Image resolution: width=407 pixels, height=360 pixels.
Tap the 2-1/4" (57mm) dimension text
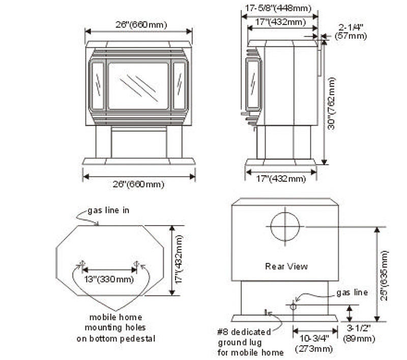point(351,32)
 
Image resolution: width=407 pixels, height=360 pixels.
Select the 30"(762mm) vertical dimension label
point(331,103)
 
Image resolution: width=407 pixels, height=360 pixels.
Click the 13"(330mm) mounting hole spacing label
point(108,279)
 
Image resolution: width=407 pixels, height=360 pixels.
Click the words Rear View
point(286,266)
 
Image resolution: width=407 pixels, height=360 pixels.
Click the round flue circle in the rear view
point(285,226)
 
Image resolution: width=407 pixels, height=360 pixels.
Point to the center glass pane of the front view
point(138,86)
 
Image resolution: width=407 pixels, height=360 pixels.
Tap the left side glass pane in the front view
point(98,86)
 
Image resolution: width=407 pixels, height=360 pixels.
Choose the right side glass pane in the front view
point(179,86)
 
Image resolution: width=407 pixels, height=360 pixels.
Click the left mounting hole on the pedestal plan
point(81,264)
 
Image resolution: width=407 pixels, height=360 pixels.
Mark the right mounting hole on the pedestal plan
point(136,264)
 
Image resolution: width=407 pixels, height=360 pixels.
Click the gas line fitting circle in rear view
point(293,306)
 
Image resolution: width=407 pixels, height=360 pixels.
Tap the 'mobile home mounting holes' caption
point(117,327)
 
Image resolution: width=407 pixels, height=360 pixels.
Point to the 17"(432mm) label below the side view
point(281,179)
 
